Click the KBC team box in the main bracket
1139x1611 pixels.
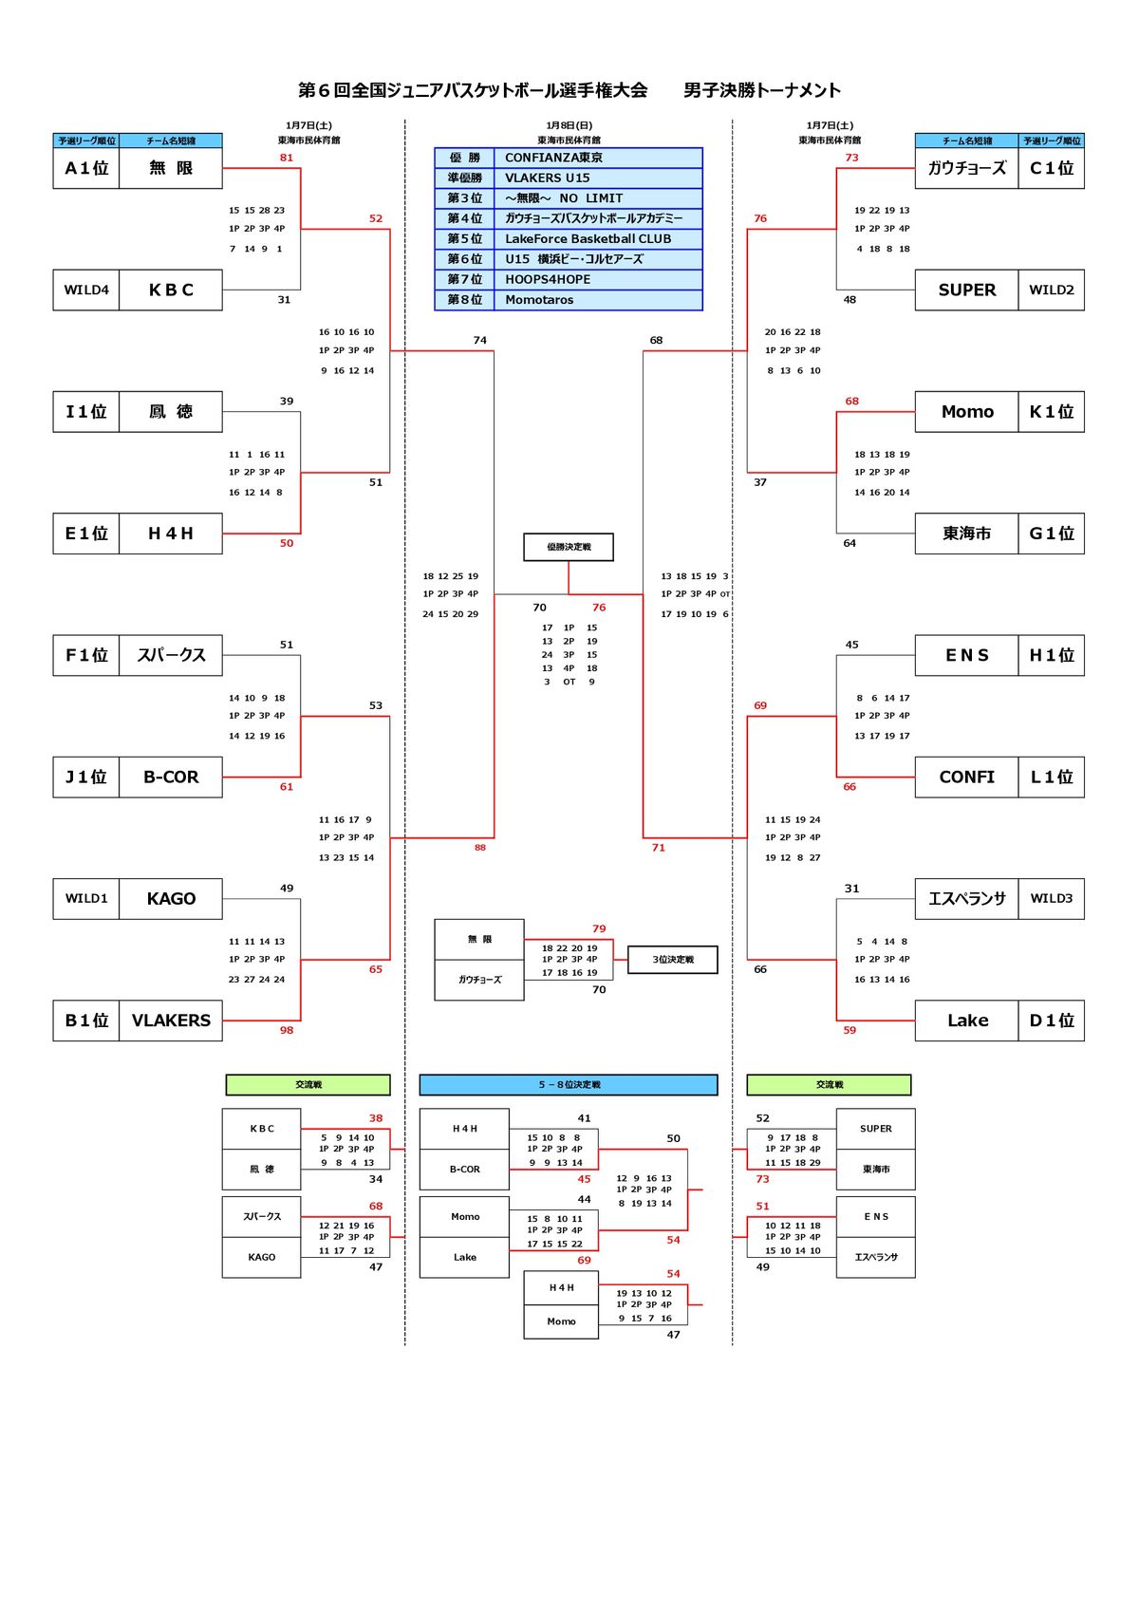tap(171, 290)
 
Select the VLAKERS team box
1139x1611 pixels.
tap(171, 1021)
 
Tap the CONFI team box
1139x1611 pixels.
tap(966, 777)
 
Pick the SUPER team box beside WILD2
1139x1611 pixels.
tap(966, 290)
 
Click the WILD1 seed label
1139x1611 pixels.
tap(86, 898)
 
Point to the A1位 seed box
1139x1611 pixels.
tap(86, 168)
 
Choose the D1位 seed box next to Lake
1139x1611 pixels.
tap(1051, 1021)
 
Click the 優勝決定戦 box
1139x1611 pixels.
tap(569, 547)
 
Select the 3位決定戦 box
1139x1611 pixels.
tap(672, 960)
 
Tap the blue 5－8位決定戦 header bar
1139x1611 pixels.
tap(569, 1084)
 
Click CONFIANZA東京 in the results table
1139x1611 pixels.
tap(598, 158)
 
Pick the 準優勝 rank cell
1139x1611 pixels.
tap(465, 178)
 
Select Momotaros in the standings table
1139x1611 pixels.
tap(598, 300)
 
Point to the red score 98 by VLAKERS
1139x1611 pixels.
tap(287, 1030)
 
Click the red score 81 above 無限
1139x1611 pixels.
tap(287, 158)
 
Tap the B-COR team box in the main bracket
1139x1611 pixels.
tap(171, 777)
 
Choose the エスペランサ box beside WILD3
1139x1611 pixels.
tap(966, 898)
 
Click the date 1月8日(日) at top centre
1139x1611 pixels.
tap(569, 125)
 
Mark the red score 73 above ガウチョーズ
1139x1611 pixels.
tap(851, 158)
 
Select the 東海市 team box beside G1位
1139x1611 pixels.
tap(966, 534)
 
